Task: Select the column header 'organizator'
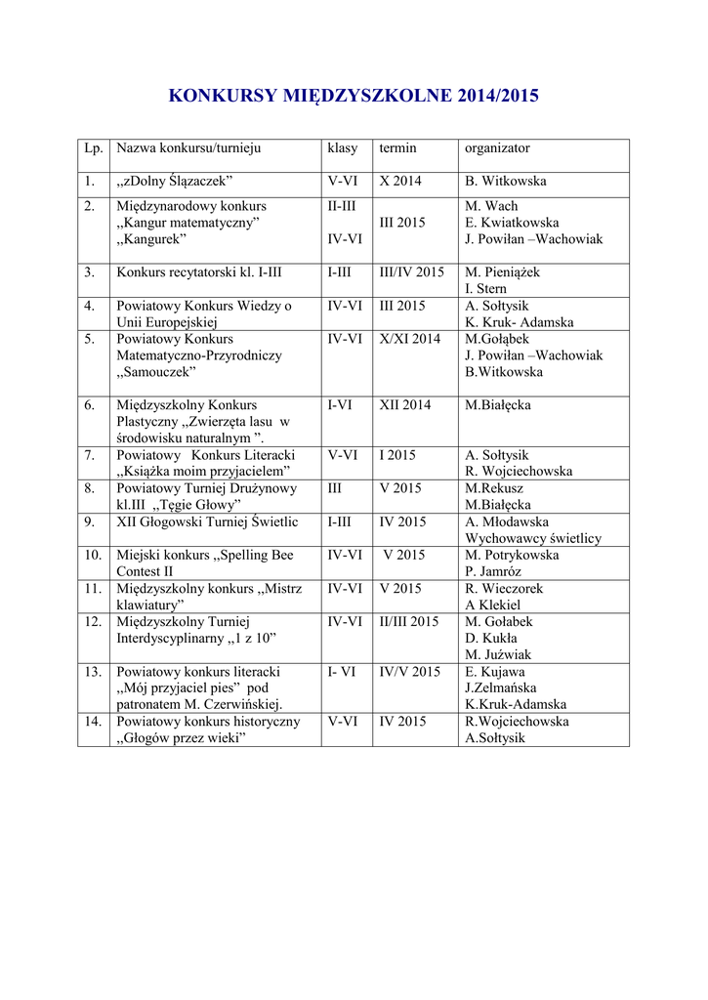point(497,148)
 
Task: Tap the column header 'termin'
point(397,148)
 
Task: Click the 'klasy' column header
point(343,148)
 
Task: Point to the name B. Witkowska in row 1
point(506,182)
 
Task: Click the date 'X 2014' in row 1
point(400,182)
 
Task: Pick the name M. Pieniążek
point(502,272)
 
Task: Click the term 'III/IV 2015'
point(411,272)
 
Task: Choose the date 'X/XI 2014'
point(409,339)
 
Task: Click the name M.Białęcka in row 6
point(498,405)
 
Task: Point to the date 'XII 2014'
point(404,405)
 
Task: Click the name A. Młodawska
point(507,521)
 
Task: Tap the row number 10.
point(93,555)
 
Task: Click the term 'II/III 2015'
point(409,621)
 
